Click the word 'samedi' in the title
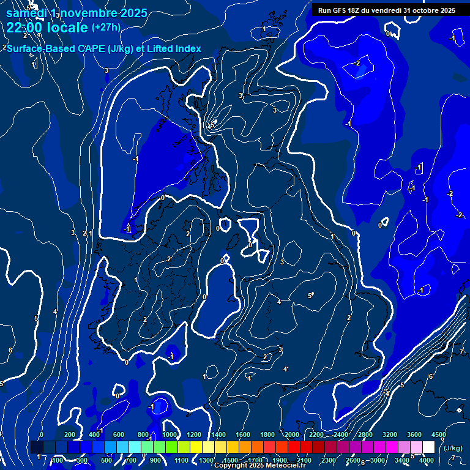tap(28, 13)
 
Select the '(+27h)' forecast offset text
tap(106, 28)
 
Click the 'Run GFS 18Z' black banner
tap(386, 10)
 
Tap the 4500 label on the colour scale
tap(438, 435)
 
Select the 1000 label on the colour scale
tap(169, 435)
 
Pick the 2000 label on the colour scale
tap(292, 435)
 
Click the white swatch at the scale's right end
tap(428, 447)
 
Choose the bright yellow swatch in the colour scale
tap(208, 447)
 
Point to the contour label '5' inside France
tap(310, 296)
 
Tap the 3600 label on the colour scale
tap(414, 435)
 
